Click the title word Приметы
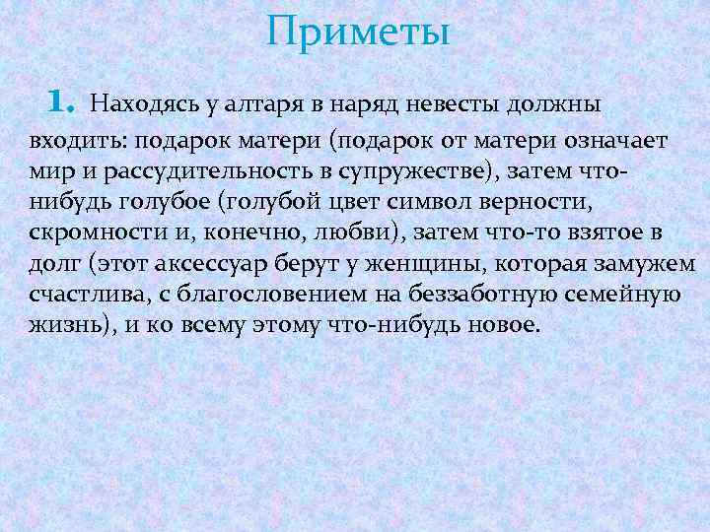(357, 32)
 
